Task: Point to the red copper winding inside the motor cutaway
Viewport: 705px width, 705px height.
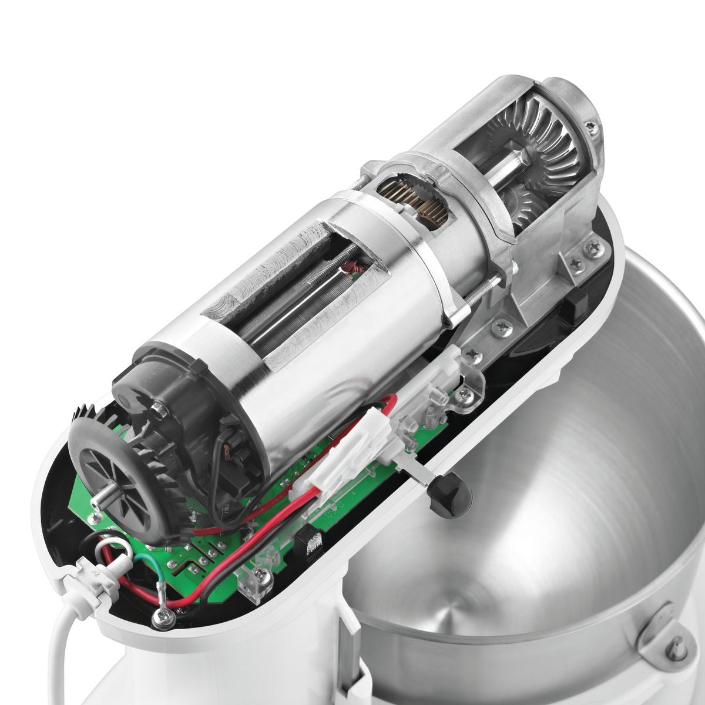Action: pos(354,269)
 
